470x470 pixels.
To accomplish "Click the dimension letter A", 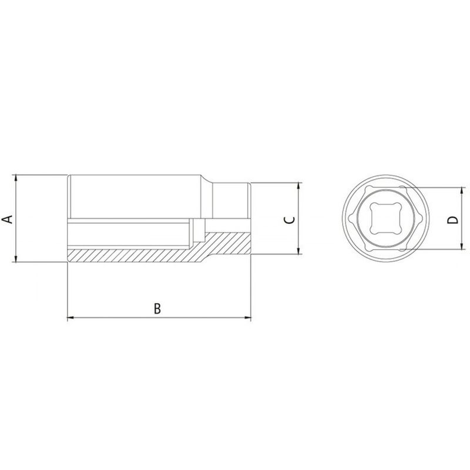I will (x=8, y=219).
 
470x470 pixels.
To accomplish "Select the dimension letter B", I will (x=157, y=308).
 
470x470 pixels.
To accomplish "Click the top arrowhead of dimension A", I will (x=18, y=178).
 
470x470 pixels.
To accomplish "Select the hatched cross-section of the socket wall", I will (x=135, y=254).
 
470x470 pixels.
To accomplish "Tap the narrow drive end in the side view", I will (x=232, y=200).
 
